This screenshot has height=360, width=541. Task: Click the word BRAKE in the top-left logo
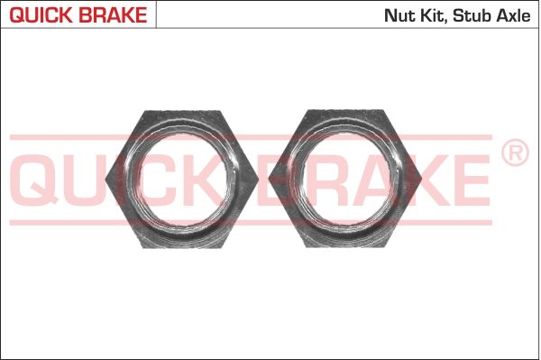(113, 15)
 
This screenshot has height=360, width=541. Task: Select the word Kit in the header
(434, 16)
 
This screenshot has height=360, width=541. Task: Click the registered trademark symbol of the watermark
(515, 152)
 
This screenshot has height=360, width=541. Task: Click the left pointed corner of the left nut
(105, 180)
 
